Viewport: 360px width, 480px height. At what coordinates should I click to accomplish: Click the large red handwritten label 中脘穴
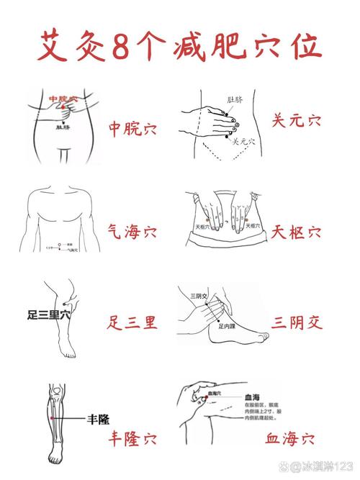[x=132, y=129]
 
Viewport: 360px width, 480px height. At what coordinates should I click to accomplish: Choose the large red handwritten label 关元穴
[x=297, y=120]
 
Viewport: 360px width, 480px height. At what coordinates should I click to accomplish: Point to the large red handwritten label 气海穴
[x=132, y=232]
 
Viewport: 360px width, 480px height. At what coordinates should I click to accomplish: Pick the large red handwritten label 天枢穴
[x=297, y=232]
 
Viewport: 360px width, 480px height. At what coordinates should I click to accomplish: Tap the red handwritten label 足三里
[x=132, y=321]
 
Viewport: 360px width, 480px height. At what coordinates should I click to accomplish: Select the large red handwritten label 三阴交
[x=297, y=321]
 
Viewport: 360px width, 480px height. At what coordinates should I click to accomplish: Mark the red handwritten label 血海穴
[x=289, y=437]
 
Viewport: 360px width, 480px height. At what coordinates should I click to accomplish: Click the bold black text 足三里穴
[x=49, y=314]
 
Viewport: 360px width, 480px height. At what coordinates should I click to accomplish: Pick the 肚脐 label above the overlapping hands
[x=238, y=99]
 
